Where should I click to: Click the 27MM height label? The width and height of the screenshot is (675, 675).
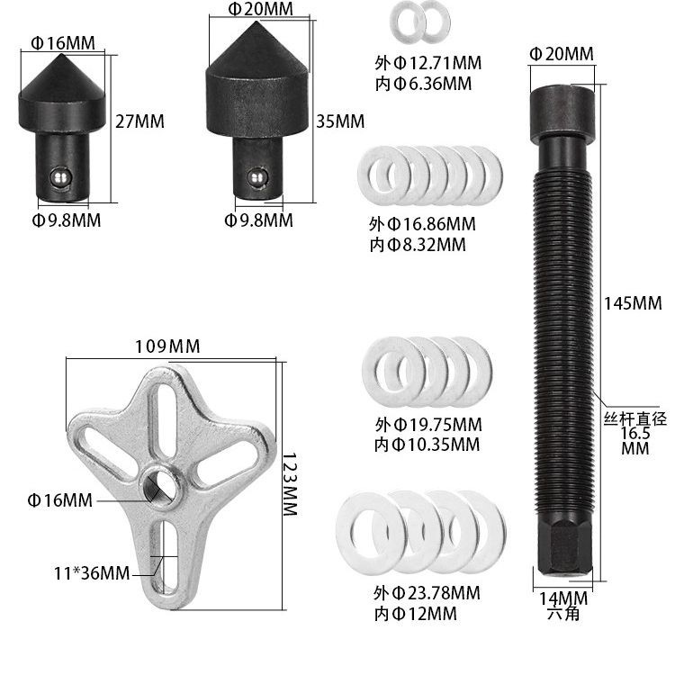(x=139, y=121)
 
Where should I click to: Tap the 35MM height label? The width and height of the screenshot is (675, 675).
(x=340, y=121)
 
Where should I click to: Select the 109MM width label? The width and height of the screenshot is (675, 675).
(x=167, y=346)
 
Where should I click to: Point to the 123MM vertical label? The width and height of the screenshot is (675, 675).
(x=290, y=484)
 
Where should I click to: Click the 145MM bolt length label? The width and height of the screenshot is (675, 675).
(x=633, y=303)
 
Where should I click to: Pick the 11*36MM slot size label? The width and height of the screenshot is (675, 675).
(x=92, y=573)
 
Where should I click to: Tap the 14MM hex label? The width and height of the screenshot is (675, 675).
(x=563, y=598)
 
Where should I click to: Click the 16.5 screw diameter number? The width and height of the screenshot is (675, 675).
(x=635, y=434)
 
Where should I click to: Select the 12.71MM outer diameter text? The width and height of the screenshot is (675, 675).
(x=445, y=63)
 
